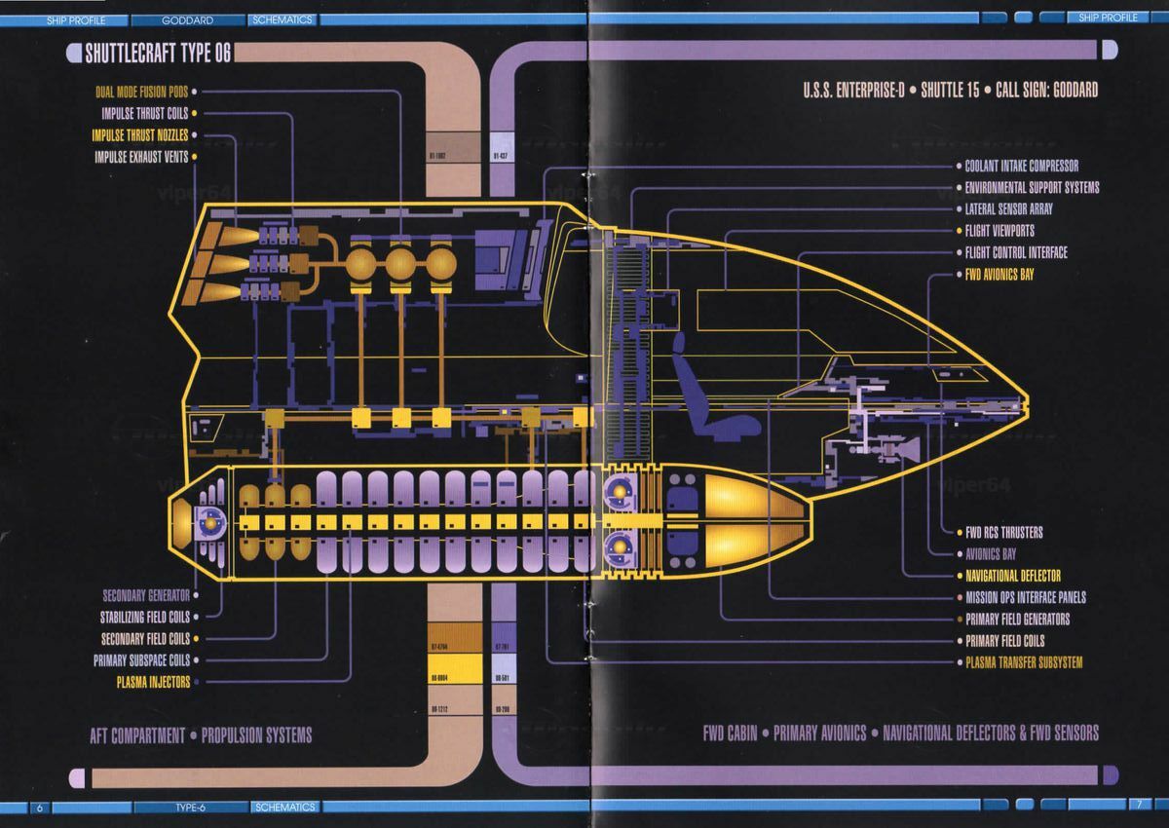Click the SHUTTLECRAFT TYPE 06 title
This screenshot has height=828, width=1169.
tap(157, 54)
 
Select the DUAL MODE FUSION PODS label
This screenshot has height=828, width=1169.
tap(141, 93)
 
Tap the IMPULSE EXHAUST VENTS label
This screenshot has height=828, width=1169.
tap(141, 157)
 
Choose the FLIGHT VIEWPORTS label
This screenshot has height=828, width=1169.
tap(999, 231)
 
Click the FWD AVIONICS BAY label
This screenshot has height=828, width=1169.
tap(999, 275)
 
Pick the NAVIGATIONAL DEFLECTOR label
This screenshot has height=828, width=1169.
tap(1013, 576)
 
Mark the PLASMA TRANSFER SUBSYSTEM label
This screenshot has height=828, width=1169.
tap(1024, 662)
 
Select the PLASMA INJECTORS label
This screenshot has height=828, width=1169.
tap(153, 682)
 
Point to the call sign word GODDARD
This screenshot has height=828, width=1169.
tap(1074, 91)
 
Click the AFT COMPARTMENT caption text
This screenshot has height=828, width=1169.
tap(137, 734)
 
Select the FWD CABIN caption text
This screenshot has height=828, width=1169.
tap(730, 733)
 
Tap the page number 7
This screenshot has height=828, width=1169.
tap(1136, 806)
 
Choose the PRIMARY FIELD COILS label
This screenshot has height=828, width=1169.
tap(1004, 641)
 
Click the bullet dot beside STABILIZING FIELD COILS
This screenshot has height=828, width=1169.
tap(196, 618)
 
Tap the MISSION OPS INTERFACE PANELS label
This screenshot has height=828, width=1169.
tap(1026, 597)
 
